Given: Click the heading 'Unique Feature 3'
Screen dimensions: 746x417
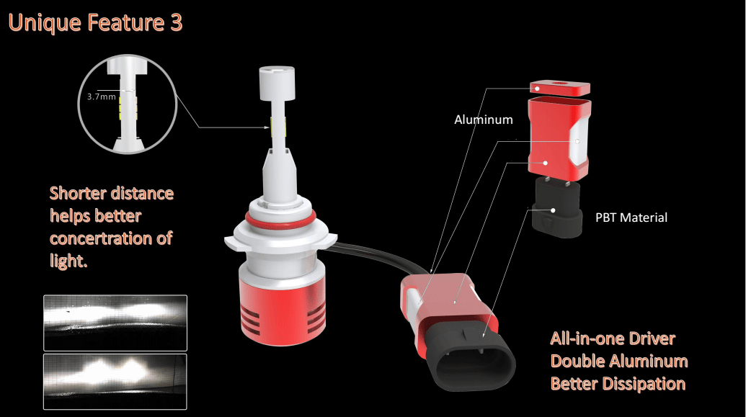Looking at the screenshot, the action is (x=95, y=23).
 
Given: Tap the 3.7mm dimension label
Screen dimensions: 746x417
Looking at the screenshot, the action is (x=102, y=97).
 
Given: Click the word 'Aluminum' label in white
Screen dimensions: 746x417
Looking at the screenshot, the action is (x=484, y=120).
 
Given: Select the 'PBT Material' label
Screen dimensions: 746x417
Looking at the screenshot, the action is (x=631, y=218).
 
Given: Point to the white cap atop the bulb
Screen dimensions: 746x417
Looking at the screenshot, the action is (x=277, y=79).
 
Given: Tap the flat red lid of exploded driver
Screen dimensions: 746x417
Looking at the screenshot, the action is (x=560, y=88).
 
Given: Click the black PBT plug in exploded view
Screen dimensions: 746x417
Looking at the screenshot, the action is (x=556, y=207).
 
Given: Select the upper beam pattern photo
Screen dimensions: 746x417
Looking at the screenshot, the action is (x=115, y=323).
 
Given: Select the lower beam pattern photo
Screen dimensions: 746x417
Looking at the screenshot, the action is (x=115, y=381).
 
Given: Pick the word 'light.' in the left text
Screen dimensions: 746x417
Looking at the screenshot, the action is (x=68, y=261).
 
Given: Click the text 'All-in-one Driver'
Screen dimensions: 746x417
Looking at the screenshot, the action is (x=613, y=338).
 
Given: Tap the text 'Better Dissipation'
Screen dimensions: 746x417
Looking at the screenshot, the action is (x=618, y=384).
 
